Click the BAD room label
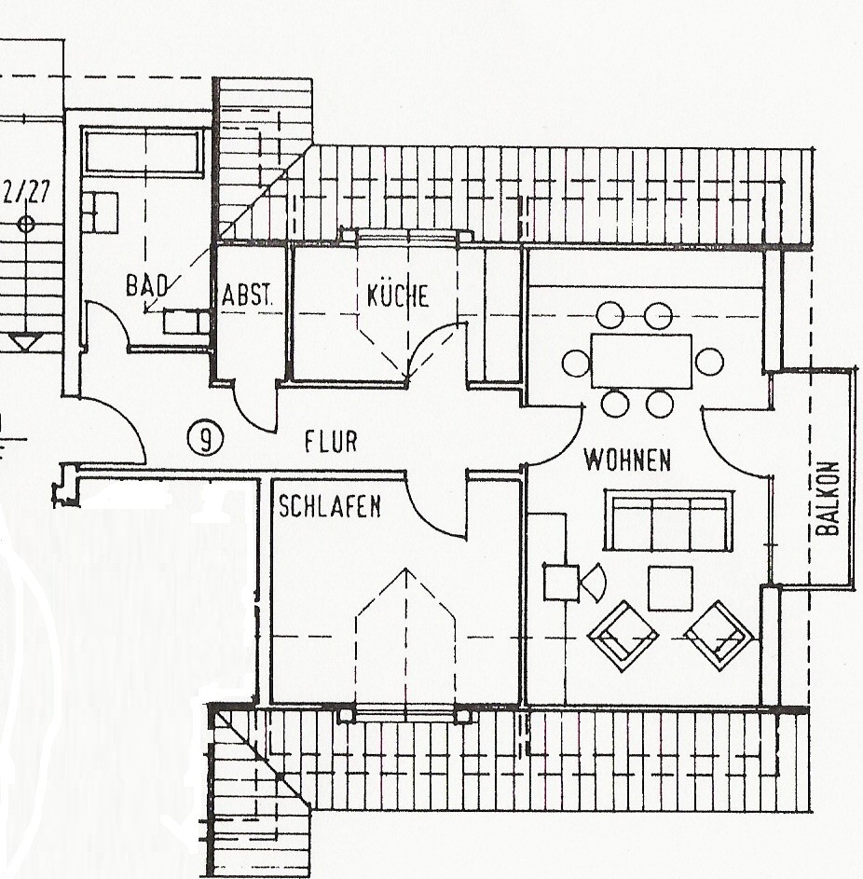pyautogui.click(x=147, y=286)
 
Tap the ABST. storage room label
pyautogui.click(x=248, y=295)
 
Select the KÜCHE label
pyautogui.click(x=398, y=295)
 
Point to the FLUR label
pyautogui.click(x=331, y=442)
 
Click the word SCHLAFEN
pyautogui.click(x=330, y=506)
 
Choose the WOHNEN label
pyautogui.click(x=627, y=460)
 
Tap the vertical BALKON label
pyautogui.click(x=828, y=499)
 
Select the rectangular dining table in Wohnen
pyautogui.click(x=641, y=362)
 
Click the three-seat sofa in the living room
pyautogui.click(x=669, y=521)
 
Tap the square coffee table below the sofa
pyautogui.click(x=670, y=588)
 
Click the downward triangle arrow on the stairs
pyautogui.click(x=25, y=341)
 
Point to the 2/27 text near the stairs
pyautogui.click(x=26, y=193)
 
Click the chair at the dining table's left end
pyautogui.click(x=576, y=363)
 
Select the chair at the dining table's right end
pyautogui.click(x=709, y=362)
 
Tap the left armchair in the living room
pyautogui.click(x=623, y=636)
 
